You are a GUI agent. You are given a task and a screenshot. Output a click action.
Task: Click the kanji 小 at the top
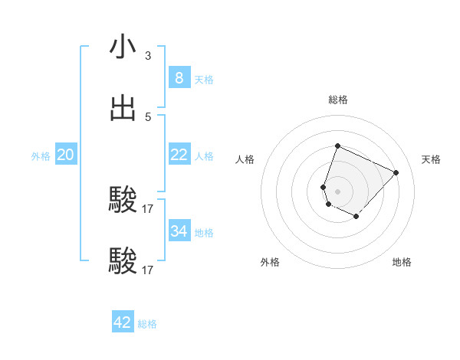[x=123, y=47]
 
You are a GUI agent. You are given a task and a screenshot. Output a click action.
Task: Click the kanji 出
[x=123, y=107]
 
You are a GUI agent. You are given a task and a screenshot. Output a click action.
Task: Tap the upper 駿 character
[x=123, y=200]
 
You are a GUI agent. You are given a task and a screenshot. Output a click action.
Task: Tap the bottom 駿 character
[x=123, y=261]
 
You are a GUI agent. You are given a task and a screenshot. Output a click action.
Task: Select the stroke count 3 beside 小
[x=147, y=55]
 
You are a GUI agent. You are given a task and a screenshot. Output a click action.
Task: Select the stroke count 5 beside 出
[x=147, y=116]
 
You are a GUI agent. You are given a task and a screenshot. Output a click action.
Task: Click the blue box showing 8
[x=179, y=77]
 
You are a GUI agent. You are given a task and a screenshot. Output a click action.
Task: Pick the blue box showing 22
[x=179, y=155]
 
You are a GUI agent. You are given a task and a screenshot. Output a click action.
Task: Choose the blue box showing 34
[x=179, y=231]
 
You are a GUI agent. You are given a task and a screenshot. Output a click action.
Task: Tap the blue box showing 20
[x=65, y=155]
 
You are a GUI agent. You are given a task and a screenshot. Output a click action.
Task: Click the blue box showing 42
[x=123, y=322]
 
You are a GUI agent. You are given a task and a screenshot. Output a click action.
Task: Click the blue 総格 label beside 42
[x=147, y=324]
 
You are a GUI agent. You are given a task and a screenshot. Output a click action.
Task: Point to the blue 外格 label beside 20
[x=41, y=156]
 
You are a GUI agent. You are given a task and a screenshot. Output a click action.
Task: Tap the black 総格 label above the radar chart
[x=338, y=100]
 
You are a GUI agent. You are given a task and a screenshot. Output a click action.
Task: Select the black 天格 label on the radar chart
[x=432, y=159]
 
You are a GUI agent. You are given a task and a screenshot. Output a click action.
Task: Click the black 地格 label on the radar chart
[x=402, y=262]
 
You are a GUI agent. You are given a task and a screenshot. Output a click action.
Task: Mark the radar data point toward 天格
[x=396, y=172]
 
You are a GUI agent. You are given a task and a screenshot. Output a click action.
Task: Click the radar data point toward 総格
[x=337, y=146]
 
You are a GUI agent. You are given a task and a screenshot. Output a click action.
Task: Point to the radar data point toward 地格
[x=356, y=217]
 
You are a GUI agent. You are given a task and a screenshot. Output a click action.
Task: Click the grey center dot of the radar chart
[x=337, y=191]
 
